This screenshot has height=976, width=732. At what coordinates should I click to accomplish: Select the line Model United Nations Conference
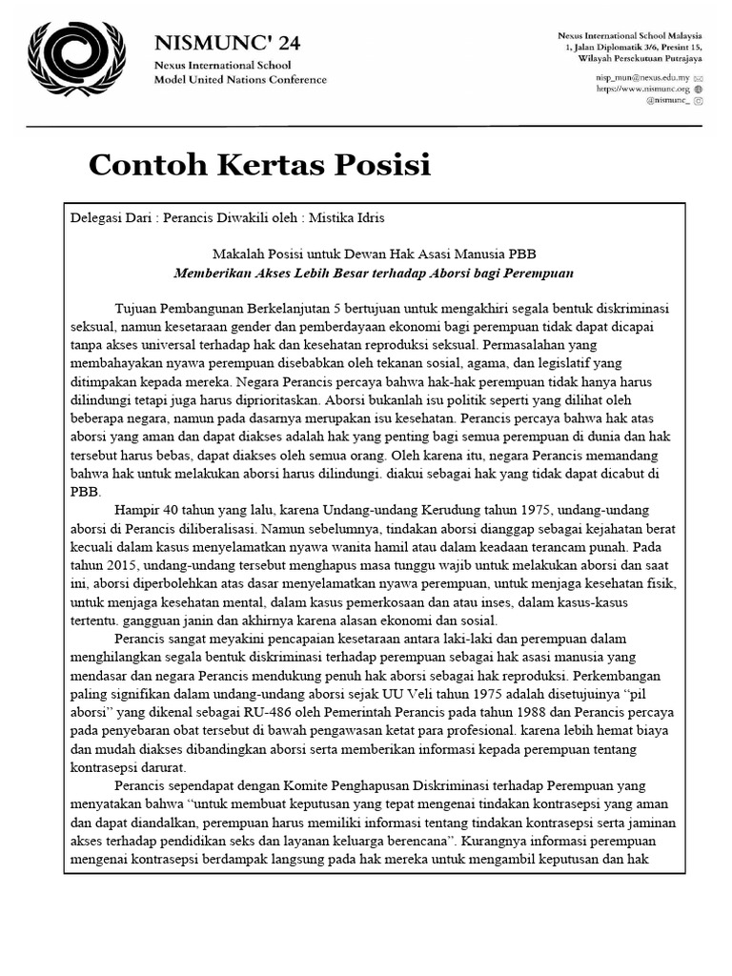(240, 79)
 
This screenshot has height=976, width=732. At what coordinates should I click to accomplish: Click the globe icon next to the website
(699, 88)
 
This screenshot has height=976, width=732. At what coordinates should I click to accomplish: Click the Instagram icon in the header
(699, 100)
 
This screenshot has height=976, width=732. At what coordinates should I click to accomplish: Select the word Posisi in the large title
(383, 165)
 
